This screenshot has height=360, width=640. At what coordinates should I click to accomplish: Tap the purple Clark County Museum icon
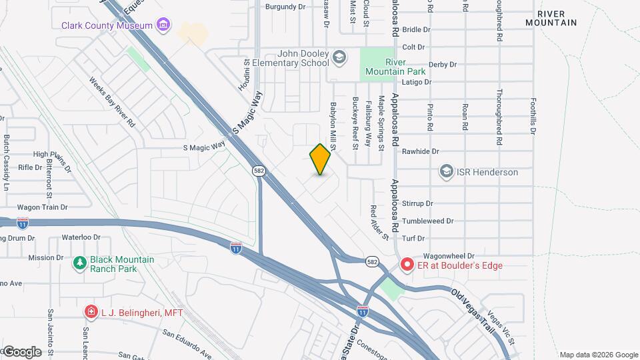point(163,26)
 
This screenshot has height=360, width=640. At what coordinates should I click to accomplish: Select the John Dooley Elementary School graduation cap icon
point(339,57)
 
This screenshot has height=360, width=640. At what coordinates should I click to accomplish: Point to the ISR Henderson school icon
point(446,172)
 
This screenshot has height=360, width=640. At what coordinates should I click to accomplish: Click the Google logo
point(22,351)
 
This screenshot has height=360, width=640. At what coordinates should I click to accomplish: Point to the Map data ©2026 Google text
point(598,355)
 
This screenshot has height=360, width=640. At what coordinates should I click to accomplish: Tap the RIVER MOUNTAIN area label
point(551,18)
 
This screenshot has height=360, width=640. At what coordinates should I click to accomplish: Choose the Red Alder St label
point(379,223)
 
